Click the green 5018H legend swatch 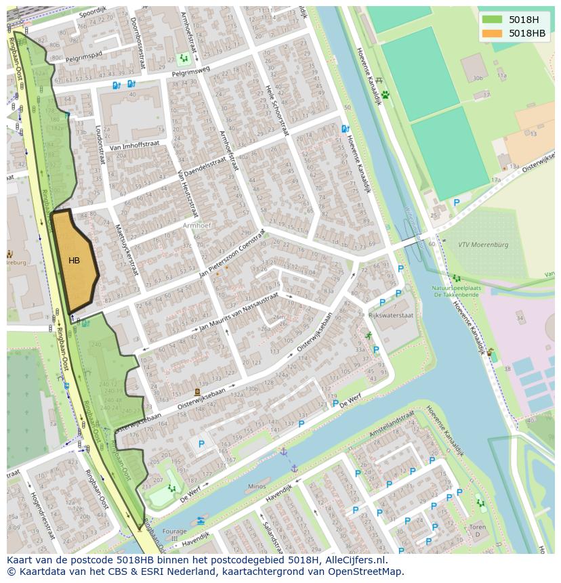tap(492, 19)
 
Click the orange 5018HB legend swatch tap(492, 33)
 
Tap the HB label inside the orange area tap(74, 260)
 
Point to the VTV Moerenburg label tap(482, 244)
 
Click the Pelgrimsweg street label tap(190, 70)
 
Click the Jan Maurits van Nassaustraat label tap(238, 313)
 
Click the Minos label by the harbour tap(257, 486)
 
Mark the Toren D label tap(478, 530)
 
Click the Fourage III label tap(174, 534)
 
